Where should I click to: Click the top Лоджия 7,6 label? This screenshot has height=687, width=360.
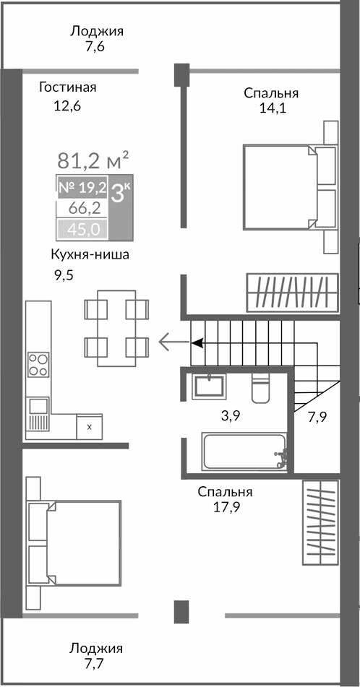click(x=97, y=38)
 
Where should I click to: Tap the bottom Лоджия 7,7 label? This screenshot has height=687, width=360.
click(x=96, y=654)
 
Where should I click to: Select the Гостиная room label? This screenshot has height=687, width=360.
click(x=68, y=88)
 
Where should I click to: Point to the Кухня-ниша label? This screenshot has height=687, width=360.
click(x=84, y=254)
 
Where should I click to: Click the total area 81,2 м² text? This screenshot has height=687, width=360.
click(x=93, y=158)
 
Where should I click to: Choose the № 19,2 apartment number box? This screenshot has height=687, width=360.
click(x=82, y=188)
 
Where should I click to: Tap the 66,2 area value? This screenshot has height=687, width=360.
click(x=83, y=209)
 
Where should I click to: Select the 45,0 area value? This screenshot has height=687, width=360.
click(x=82, y=230)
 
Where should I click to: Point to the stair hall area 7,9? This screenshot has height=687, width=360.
click(x=317, y=416)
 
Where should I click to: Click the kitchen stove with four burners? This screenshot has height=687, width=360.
click(x=38, y=363)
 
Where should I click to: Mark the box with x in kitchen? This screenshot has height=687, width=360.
click(x=89, y=426)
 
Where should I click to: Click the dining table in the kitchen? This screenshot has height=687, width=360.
click(x=116, y=328)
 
